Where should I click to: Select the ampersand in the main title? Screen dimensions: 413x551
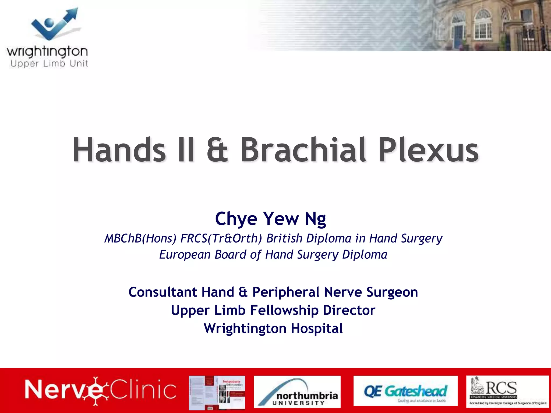coord(217,151)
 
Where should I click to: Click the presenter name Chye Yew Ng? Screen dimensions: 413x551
coord(270,219)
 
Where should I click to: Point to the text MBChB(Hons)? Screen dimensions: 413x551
coord(140,238)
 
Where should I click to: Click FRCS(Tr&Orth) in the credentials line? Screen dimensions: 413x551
coord(221,238)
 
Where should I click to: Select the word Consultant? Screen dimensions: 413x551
coord(163,292)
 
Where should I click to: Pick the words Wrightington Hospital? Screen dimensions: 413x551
coord(273,328)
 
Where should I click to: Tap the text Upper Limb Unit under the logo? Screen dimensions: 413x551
coord(49,64)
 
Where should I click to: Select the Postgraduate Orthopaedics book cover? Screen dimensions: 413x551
coord(217,392)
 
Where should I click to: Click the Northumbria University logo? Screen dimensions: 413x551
coord(297,392)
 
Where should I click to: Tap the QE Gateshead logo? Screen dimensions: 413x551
coord(405,391)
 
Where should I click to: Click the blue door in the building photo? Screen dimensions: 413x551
coord(458,37)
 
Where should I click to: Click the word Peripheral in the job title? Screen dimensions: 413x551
coord(286,292)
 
